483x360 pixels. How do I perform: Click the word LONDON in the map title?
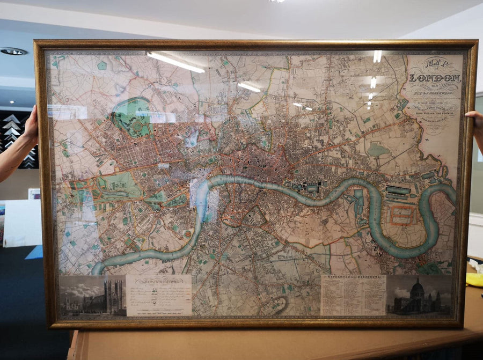[x=435, y=78]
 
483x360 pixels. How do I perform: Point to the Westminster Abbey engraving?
[x=92, y=297]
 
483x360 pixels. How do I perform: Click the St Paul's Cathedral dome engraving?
[x=419, y=296]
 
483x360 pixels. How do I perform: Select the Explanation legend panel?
[x=159, y=295]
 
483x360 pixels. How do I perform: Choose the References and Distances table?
[x=353, y=295]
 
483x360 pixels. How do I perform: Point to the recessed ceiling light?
[x=13, y=52]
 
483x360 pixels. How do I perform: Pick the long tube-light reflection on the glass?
[x=175, y=62]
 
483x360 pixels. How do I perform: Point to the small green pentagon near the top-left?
[x=101, y=65]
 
